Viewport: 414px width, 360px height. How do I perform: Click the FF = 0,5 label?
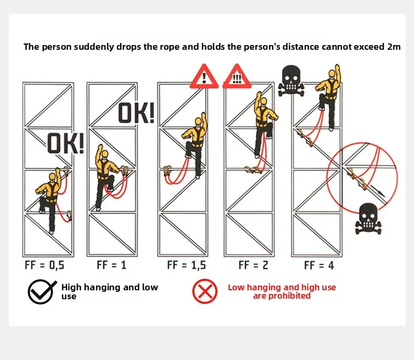tap(45, 265)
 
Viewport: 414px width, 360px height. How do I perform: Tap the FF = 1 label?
tap(112, 265)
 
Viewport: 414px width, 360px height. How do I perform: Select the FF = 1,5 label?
tap(187, 265)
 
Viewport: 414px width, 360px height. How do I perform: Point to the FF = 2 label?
tap(253, 265)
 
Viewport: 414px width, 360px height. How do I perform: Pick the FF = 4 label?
tap(319, 265)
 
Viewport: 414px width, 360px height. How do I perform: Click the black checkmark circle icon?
tap(41, 291)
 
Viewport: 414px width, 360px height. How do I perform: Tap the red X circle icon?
tap(205, 291)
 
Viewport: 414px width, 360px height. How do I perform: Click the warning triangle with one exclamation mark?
tap(204, 77)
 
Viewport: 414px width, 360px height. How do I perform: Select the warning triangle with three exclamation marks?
tap(237, 77)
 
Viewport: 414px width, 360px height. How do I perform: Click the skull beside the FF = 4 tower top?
tap(291, 81)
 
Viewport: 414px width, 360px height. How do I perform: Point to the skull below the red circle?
tap(368, 219)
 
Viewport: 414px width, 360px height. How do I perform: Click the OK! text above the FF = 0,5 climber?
tap(66, 143)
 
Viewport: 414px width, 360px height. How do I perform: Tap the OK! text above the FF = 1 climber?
tap(136, 113)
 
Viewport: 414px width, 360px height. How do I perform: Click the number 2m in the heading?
tap(394, 47)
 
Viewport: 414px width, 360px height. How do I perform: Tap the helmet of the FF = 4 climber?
tap(332, 73)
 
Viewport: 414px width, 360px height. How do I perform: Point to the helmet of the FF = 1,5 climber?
tap(198, 122)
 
